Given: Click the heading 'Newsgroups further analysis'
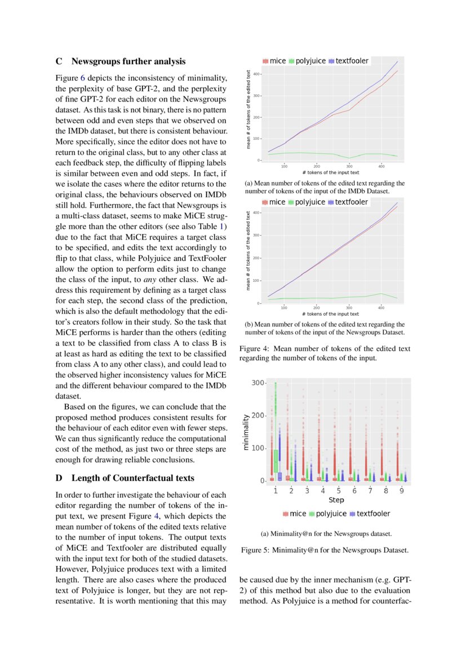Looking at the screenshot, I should [x=128, y=61].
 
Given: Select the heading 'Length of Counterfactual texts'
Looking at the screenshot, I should [x=132, y=478].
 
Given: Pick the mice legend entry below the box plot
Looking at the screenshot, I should [x=295, y=514].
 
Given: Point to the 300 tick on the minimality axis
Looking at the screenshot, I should [x=258, y=383].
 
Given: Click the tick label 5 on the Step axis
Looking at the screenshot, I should [x=338, y=491].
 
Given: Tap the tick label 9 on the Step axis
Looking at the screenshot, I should [x=401, y=491].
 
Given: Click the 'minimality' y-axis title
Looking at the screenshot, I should [x=246, y=432].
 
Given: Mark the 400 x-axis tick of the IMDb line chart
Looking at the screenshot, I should [x=381, y=166].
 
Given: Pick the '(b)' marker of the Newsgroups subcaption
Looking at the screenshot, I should [x=250, y=325].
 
